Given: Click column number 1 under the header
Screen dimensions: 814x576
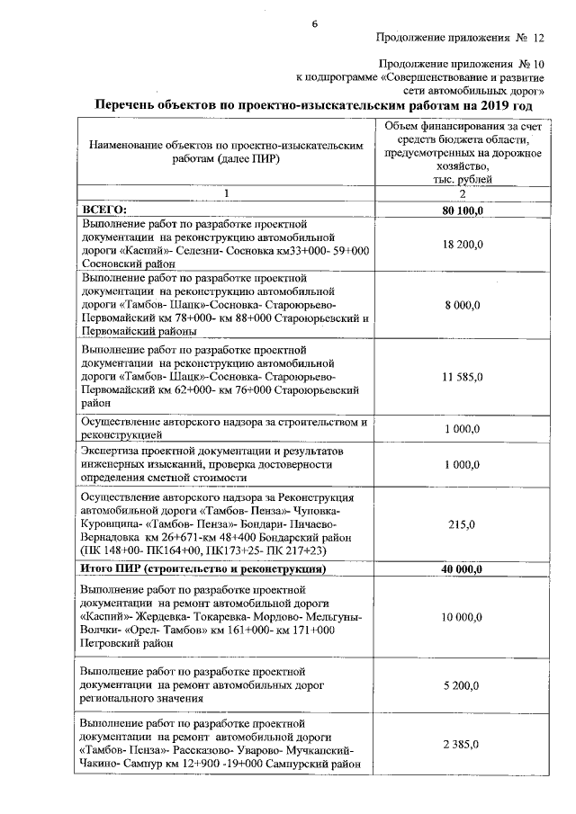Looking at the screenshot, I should click(227, 194).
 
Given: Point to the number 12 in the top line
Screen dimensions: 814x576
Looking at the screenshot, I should click(538, 39).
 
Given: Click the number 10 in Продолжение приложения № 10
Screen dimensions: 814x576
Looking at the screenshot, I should click(537, 66).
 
